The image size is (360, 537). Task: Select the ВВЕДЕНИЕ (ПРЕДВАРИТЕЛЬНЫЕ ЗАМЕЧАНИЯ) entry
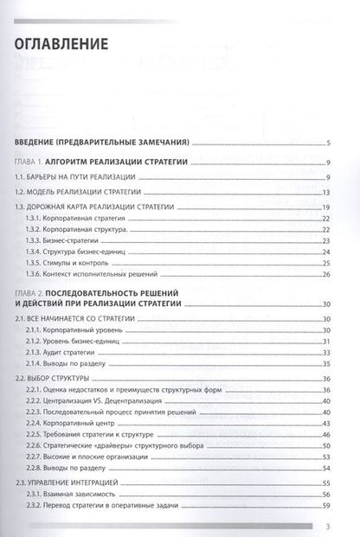104,144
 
